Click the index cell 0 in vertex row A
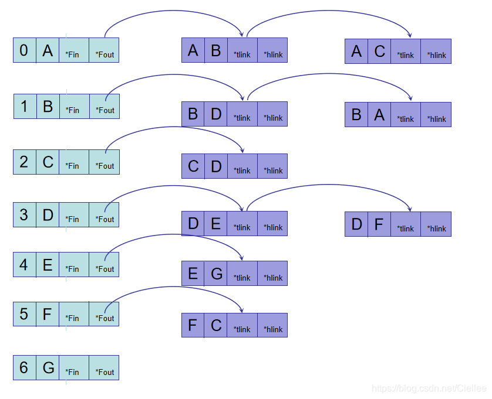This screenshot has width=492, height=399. pos(25,50)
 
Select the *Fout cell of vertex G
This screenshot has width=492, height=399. pos(104,367)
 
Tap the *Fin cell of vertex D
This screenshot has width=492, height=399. pos(74,214)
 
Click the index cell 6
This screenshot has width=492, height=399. pos(25,367)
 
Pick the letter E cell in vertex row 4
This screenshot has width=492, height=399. pos(48,265)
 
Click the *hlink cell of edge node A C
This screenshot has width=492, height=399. pos(436,51)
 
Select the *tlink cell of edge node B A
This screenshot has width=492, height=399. pos(406,115)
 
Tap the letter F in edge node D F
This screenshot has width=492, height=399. pos(379,224)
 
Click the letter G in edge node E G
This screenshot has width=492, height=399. pos(216,274)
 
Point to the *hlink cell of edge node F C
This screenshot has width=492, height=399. pos(272,325)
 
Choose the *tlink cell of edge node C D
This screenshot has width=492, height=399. pos(242,166)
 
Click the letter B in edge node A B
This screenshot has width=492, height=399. pos(216,51)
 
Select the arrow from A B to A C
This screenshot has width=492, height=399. pos(329,12)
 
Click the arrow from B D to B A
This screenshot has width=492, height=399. pos(329,74)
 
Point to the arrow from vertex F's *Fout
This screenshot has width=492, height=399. pos(173,287)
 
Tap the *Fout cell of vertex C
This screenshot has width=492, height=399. pos(104,162)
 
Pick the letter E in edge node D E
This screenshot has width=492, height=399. pos(216,223)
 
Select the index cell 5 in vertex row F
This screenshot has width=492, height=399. pos(25,314)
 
